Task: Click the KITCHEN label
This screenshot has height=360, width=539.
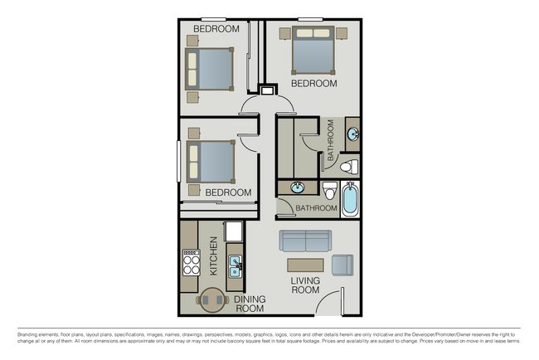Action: pos(213,255)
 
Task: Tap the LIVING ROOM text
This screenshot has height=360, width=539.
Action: pos(304,285)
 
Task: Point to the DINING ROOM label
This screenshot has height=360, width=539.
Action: pos(248,304)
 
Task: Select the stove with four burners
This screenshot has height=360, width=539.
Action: pos(191,263)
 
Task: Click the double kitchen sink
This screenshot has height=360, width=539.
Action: pos(236,266)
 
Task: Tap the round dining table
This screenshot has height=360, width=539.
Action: pos(212,300)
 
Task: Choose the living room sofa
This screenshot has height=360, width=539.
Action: pos(306,241)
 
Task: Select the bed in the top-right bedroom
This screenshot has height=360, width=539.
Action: pos(313,51)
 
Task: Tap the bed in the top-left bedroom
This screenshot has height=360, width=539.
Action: pos(210,69)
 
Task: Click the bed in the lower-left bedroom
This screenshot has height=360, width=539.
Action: pos(210,160)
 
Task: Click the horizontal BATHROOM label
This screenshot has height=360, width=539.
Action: pos(316,209)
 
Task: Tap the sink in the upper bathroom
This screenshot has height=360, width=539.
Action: pos(352,133)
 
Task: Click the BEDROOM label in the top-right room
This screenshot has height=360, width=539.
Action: pos(313,84)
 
